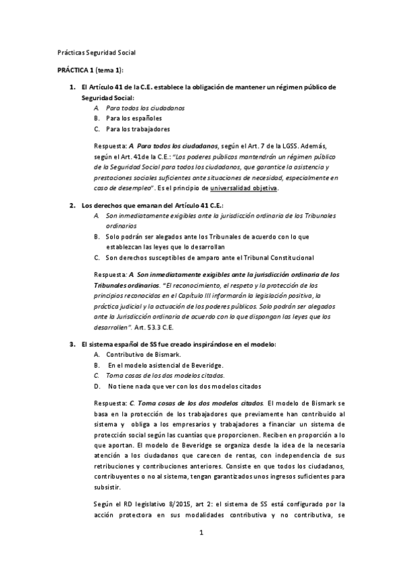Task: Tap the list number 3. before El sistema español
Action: click(x=72, y=344)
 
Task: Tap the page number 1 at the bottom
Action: click(x=201, y=534)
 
